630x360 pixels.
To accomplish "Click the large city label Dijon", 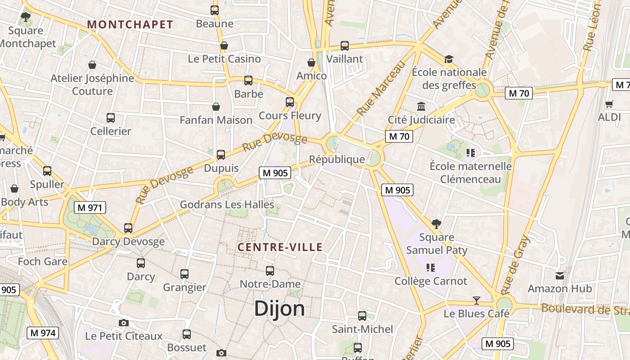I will [279, 309].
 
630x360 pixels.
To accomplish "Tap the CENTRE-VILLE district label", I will [280, 247].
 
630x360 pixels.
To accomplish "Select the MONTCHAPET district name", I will [130, 25].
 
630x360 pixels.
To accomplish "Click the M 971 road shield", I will [90, 207].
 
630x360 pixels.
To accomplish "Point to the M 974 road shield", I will [43, 333].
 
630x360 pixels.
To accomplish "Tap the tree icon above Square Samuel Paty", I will [436, 224].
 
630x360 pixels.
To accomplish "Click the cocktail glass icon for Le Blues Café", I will [477, 300].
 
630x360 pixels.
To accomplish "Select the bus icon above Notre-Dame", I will [270, 271].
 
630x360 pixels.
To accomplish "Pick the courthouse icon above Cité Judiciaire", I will [421, 107].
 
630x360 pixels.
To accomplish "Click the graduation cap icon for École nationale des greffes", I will [449, 59].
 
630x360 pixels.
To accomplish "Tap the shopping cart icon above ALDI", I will [609, 104].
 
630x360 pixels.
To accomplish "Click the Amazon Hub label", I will [559, 288].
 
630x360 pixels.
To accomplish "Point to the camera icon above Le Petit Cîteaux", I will [124, 323].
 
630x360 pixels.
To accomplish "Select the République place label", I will [337, 159].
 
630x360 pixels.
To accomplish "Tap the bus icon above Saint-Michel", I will [362, 316].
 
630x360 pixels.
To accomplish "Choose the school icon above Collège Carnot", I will [431, 268].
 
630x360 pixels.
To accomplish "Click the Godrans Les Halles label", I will [227, 205].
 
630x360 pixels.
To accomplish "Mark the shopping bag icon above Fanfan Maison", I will [216, 107].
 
